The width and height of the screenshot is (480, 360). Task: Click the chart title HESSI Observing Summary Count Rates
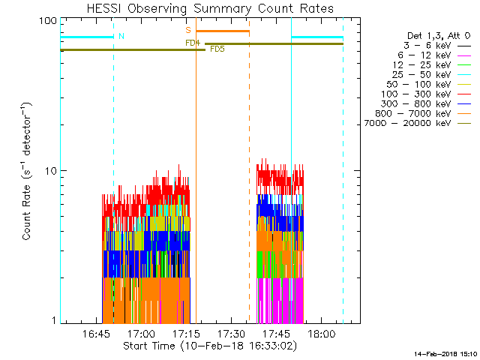209,8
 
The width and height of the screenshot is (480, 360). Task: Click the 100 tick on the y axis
48,21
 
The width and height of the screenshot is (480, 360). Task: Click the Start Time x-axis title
209,346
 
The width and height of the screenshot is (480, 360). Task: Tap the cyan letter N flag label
121,36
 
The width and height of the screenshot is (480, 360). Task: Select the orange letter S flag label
188,30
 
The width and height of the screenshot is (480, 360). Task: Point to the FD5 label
217,49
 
